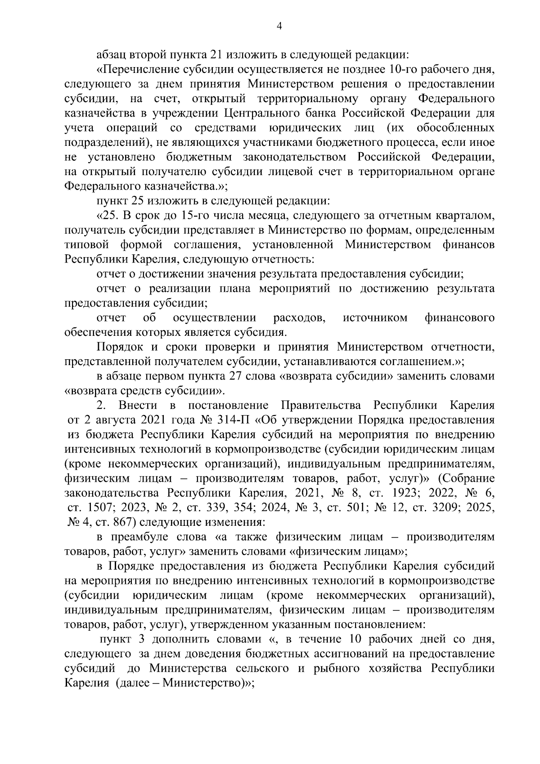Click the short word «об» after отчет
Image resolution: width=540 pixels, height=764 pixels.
149,318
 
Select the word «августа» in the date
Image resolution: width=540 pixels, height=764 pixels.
110,420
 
